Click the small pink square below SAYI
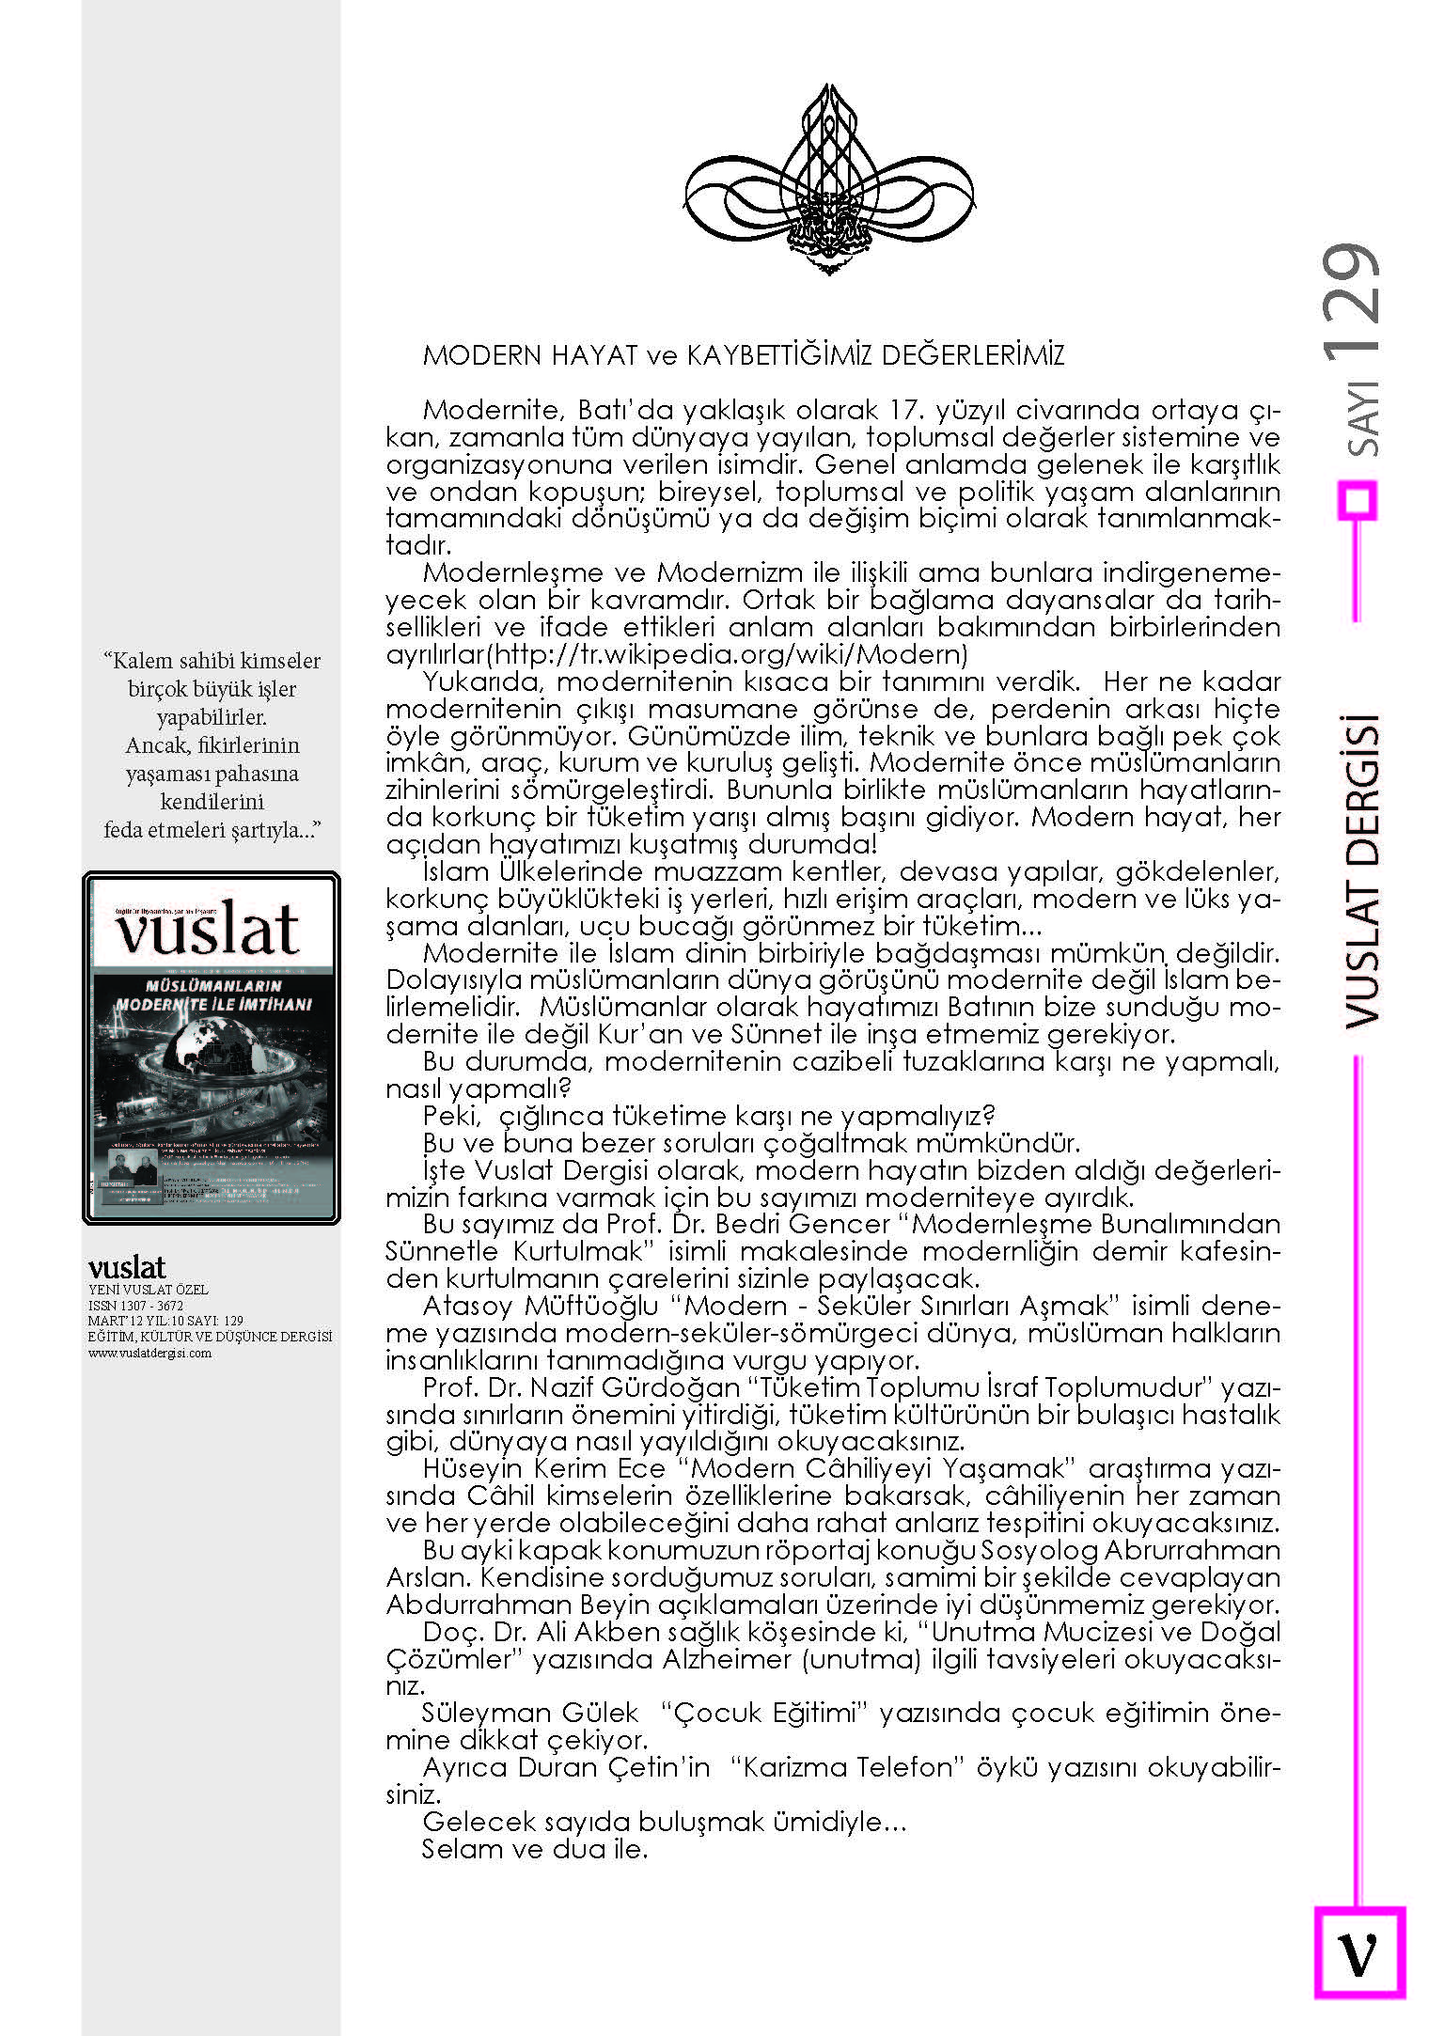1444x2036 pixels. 1358,500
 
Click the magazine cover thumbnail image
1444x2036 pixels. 212,1048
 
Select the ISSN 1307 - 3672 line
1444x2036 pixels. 135,1306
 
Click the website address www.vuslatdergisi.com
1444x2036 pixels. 149,1354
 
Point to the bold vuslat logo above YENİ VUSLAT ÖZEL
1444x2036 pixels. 127,1267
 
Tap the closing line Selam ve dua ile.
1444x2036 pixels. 535,1850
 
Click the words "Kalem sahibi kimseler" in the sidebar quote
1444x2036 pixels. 212,661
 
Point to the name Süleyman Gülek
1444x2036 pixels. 530,1714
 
